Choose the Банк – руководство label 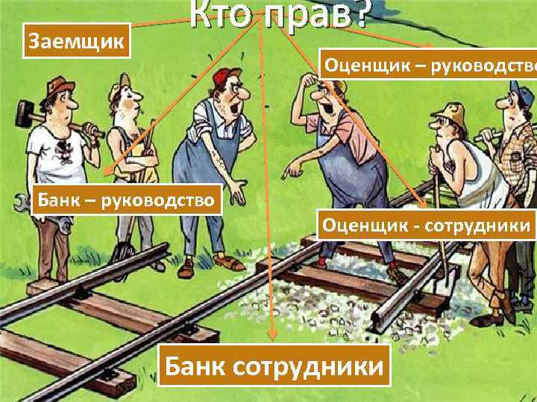pyautogui.click(x=127, y=200)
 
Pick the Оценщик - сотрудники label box pyautogui.click(x=426, y=224)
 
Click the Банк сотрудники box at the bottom pyautogui.click(x=275, y=365)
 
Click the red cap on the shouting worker pyautogui.click(x=223, y=76)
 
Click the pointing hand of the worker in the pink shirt pyautogui.click(x=288, y=170)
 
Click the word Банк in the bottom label pyautogui.click(x=196, y=366)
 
